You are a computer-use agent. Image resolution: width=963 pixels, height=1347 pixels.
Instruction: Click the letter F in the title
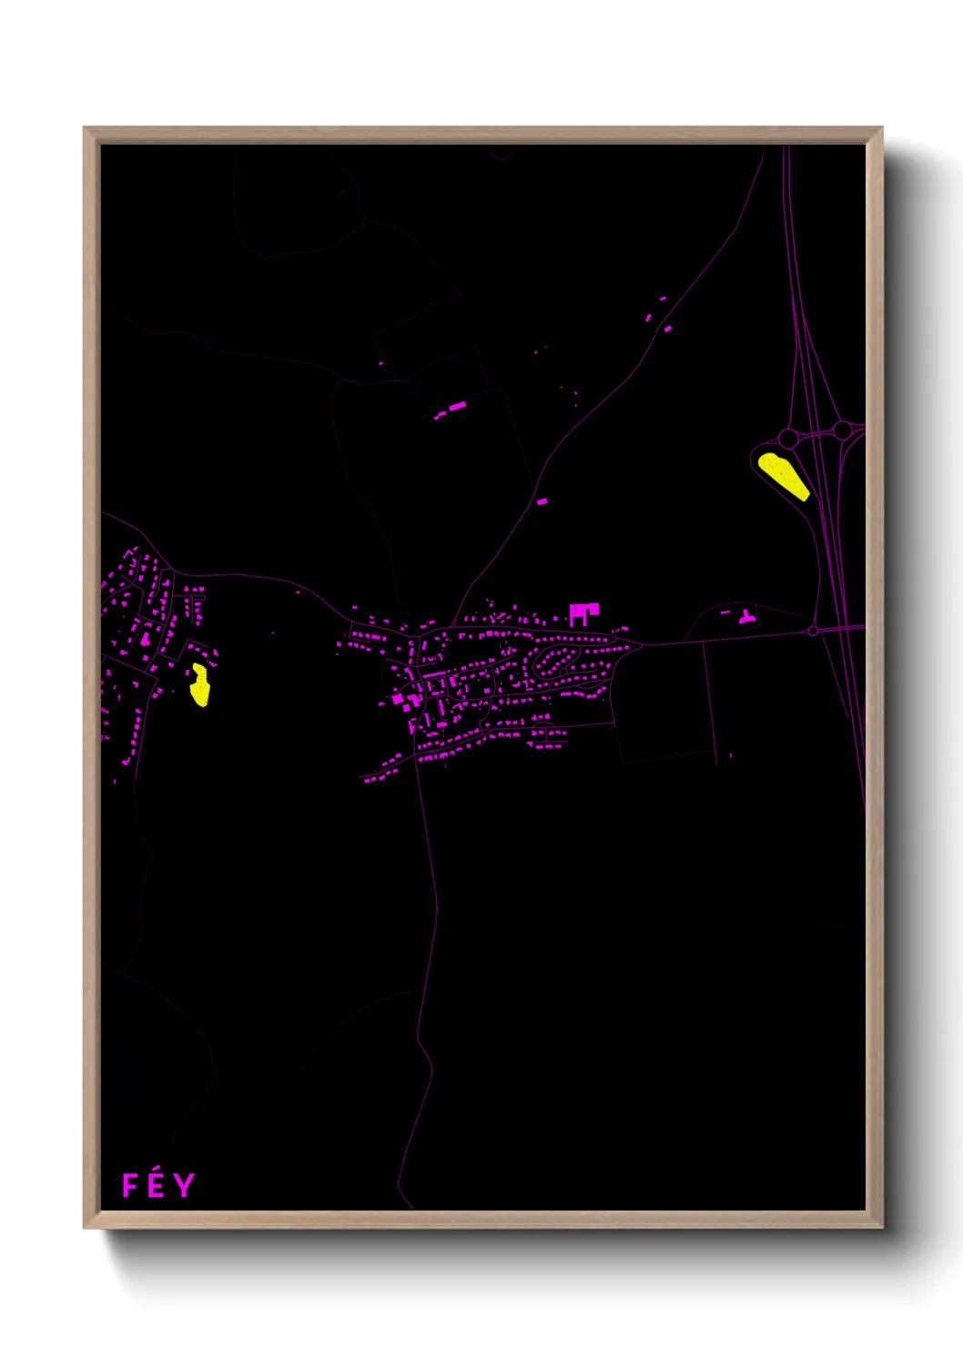pyautogui.click(x=130, y=1185)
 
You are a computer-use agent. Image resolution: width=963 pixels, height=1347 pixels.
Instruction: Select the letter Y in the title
pyautogui.click(x=185, y=1185)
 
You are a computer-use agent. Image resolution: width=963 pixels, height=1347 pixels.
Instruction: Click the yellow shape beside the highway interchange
pyautogui.click(x=783, y=475)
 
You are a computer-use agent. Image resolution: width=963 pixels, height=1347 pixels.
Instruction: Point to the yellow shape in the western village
pyautogui.click(x=199, y=685)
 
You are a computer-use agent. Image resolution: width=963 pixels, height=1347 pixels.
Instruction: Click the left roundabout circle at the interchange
pyautogui.click(x=788, y=439)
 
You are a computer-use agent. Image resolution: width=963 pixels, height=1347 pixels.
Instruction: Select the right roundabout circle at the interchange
pyautogui.click(x=843, y=429)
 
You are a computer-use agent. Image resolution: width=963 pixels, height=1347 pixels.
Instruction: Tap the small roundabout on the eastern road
pyautogui.click(x=812, y=630)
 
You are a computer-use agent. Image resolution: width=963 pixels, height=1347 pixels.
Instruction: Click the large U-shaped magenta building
pyautogui.click(x=583, y=613)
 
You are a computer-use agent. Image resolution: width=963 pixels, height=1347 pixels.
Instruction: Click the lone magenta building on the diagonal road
pyautogui.click(x=542, y=501)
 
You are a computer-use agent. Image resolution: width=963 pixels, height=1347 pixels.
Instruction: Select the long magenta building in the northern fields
pyautogui.click(x=456, y=406)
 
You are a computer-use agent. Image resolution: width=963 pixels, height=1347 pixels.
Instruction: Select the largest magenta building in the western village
pyautogui.click(x=145, y=638)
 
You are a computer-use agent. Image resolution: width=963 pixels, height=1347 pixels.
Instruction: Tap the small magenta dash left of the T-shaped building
pyautogui.click(x=725, y=613)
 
